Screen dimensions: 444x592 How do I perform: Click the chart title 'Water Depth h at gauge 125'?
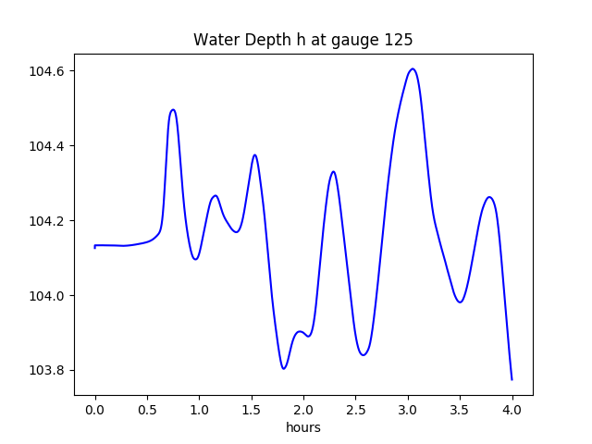pyautogui.click(x=302, y=40)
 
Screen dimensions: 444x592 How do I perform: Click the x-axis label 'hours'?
pyautogui.click(x=302, y=427)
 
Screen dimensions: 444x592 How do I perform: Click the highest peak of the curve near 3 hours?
pyautogui.click(x=413, y=68)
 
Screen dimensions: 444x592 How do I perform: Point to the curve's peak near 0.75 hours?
pyautogui.click(x=173, y=109)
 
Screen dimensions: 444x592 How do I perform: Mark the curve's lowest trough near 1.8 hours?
pyautogui.click(x=284, y=368)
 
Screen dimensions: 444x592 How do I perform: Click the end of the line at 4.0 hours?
pyautogui.click(x=512, y=379)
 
